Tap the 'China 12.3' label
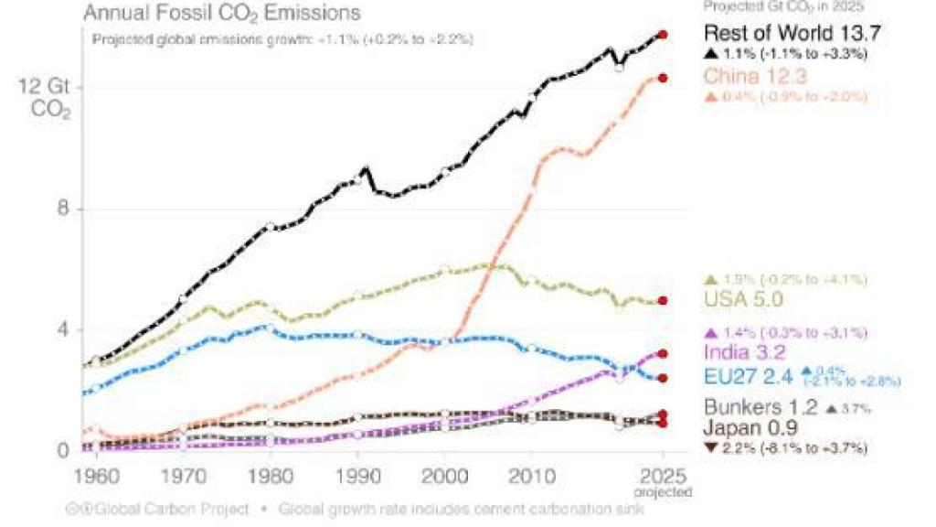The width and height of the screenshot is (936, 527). pyautogui.click(x=755, y=77)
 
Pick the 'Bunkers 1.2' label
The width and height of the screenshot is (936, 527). pyautogui.click(x=753, y=407)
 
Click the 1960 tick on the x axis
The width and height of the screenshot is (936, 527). pyautogui.click(x=92, y=479)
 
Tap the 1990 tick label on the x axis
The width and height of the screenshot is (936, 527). pyautogui.click(x=356, y=479)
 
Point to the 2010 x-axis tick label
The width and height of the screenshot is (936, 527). pyautogui.click(x=532, y=479)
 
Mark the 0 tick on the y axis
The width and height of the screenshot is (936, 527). pyautogui.click(x=64, y=450)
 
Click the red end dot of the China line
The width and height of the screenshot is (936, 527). pyautogui.click(x=664, y=78)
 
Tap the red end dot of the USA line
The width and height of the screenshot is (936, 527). pyautogui.click(x=664, y=300)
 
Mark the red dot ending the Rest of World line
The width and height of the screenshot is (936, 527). pyautogui.click(x=664, y=35)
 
